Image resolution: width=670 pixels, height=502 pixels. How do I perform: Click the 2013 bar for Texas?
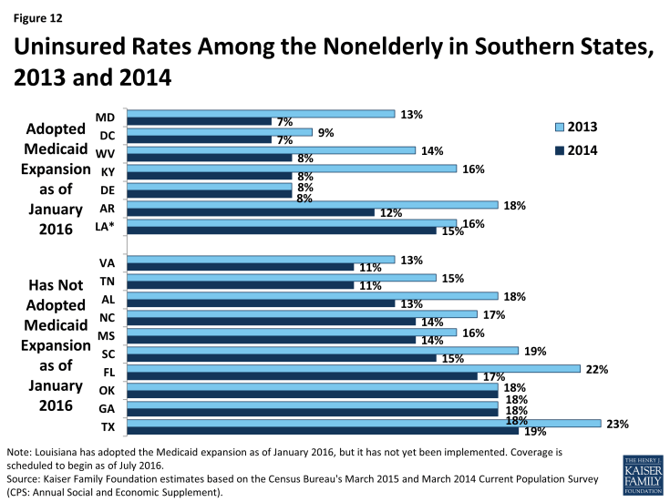[x=364, y=424]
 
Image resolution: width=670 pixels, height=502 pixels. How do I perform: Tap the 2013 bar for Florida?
[x=353, y=368]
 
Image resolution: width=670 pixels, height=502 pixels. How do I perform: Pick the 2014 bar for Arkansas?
[x=251, y=212]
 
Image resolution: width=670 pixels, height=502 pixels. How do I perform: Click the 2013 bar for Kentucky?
[x=292, y=169]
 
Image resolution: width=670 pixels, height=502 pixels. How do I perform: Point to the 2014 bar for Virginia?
[x=240, y=267]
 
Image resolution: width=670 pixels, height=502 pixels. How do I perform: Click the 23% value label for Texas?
[x=616, y=424]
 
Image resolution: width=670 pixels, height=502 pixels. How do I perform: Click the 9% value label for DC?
[x=325, y=132]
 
